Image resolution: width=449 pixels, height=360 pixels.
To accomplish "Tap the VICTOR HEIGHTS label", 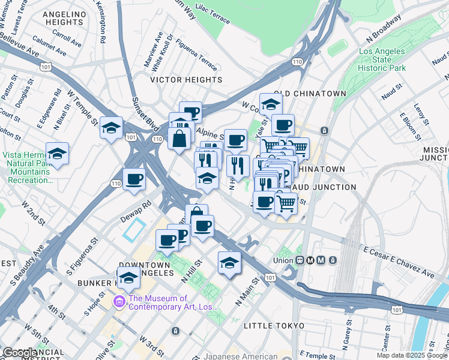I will click(x=186, y=80).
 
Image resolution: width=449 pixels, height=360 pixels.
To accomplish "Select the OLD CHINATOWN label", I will click(x=310, y=94).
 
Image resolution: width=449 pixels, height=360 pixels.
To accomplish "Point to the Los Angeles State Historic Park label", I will click(x=382, y=60).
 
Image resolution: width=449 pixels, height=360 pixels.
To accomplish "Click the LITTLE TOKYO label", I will click(x=274, y=325).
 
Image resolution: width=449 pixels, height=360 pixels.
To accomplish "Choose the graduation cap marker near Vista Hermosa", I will click(x=57, y=154).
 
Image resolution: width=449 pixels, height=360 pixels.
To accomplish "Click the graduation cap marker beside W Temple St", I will click(x=111, y=128).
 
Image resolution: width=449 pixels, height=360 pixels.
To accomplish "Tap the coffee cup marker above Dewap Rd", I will click(x=134, y=179).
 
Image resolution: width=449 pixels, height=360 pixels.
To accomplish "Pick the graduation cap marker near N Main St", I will click(x=229, y=263).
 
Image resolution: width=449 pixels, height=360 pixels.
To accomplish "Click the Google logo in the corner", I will click(x=20, y=353).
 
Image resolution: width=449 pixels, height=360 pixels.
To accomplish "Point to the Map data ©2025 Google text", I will click(x=412, y=355).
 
